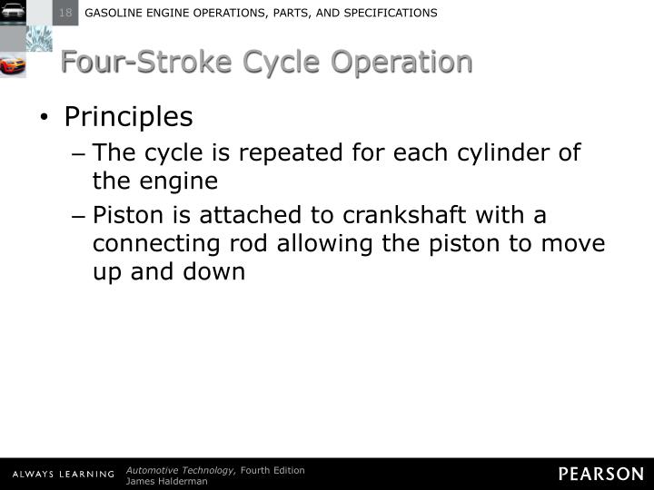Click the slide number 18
66,13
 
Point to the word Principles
128,117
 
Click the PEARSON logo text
600,474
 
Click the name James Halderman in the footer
167,481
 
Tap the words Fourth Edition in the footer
272,469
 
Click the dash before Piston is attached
79,216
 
